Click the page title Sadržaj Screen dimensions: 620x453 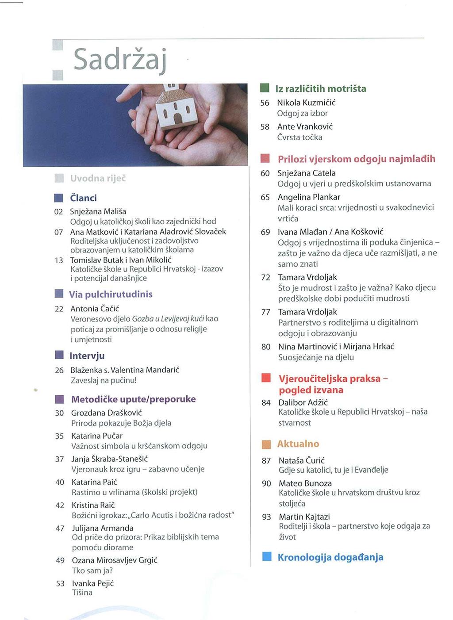coord(119,60)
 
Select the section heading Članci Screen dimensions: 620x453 coord(83,198)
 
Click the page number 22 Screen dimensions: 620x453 coord(59,309)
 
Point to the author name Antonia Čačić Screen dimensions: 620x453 coord(95,308)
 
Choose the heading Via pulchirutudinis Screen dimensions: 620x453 coord(111,294)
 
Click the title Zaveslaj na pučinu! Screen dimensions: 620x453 coord(104,380)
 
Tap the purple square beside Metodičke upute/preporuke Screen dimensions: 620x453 coord(59,399)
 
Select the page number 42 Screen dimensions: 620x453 coord(60,505)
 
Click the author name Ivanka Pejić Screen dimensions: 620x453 coord(93,583)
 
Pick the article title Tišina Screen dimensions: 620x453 coord(82,593)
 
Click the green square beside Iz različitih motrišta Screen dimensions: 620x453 coord(265,88)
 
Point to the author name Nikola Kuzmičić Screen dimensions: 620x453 coord(306,103)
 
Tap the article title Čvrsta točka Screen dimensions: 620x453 coord(299,137)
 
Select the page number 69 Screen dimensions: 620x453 coord(265,232)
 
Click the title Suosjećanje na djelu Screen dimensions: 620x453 coord(316,357)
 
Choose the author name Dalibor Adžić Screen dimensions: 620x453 coord(303,402)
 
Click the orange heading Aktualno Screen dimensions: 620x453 coord(298,444)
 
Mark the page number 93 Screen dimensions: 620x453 coord(266,517)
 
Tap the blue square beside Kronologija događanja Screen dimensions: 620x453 coord(267,556)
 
